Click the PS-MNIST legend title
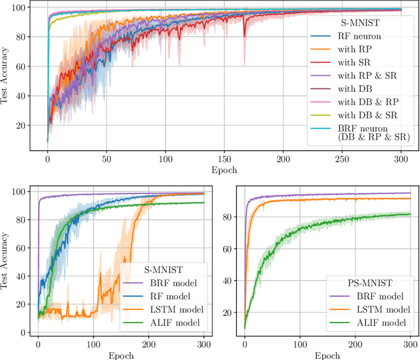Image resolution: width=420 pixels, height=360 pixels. pos(360,283)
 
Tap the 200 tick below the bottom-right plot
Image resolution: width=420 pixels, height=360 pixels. pos(355,344)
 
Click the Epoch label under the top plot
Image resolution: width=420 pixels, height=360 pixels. pos(224,169)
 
